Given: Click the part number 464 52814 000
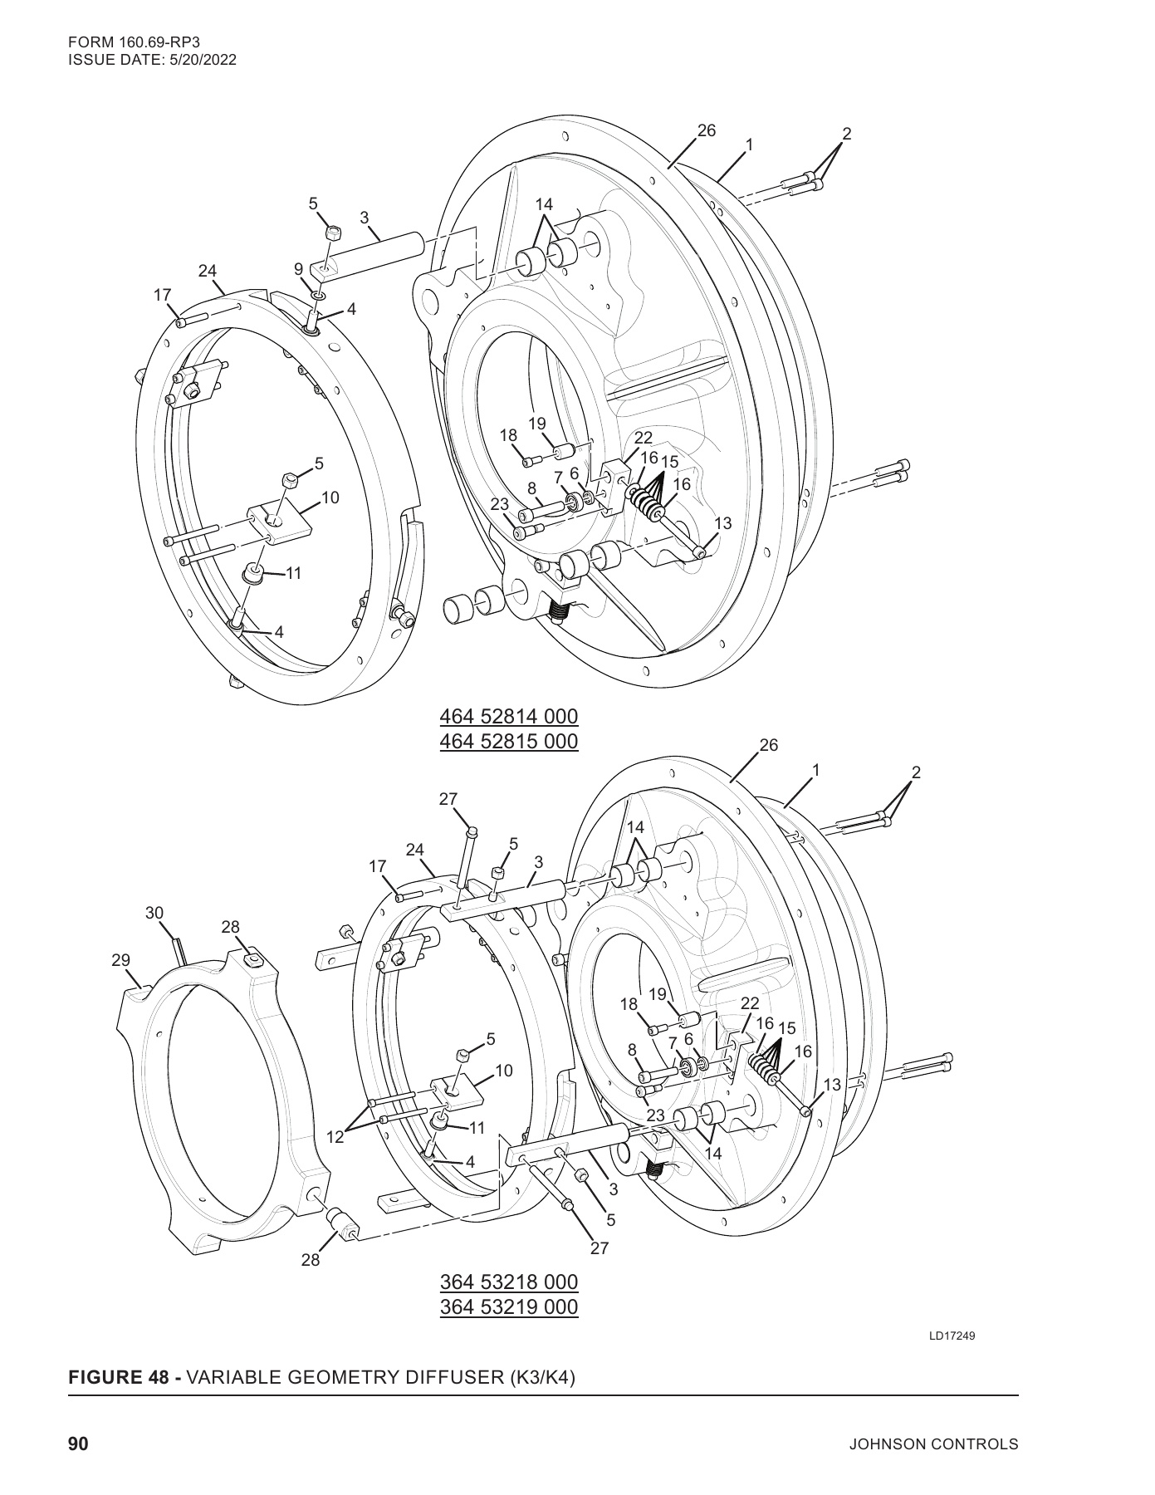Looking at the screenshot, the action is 508,716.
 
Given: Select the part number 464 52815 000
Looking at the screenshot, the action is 508,741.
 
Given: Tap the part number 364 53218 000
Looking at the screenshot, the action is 508,1282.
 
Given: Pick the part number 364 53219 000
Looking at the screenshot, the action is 508,1306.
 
